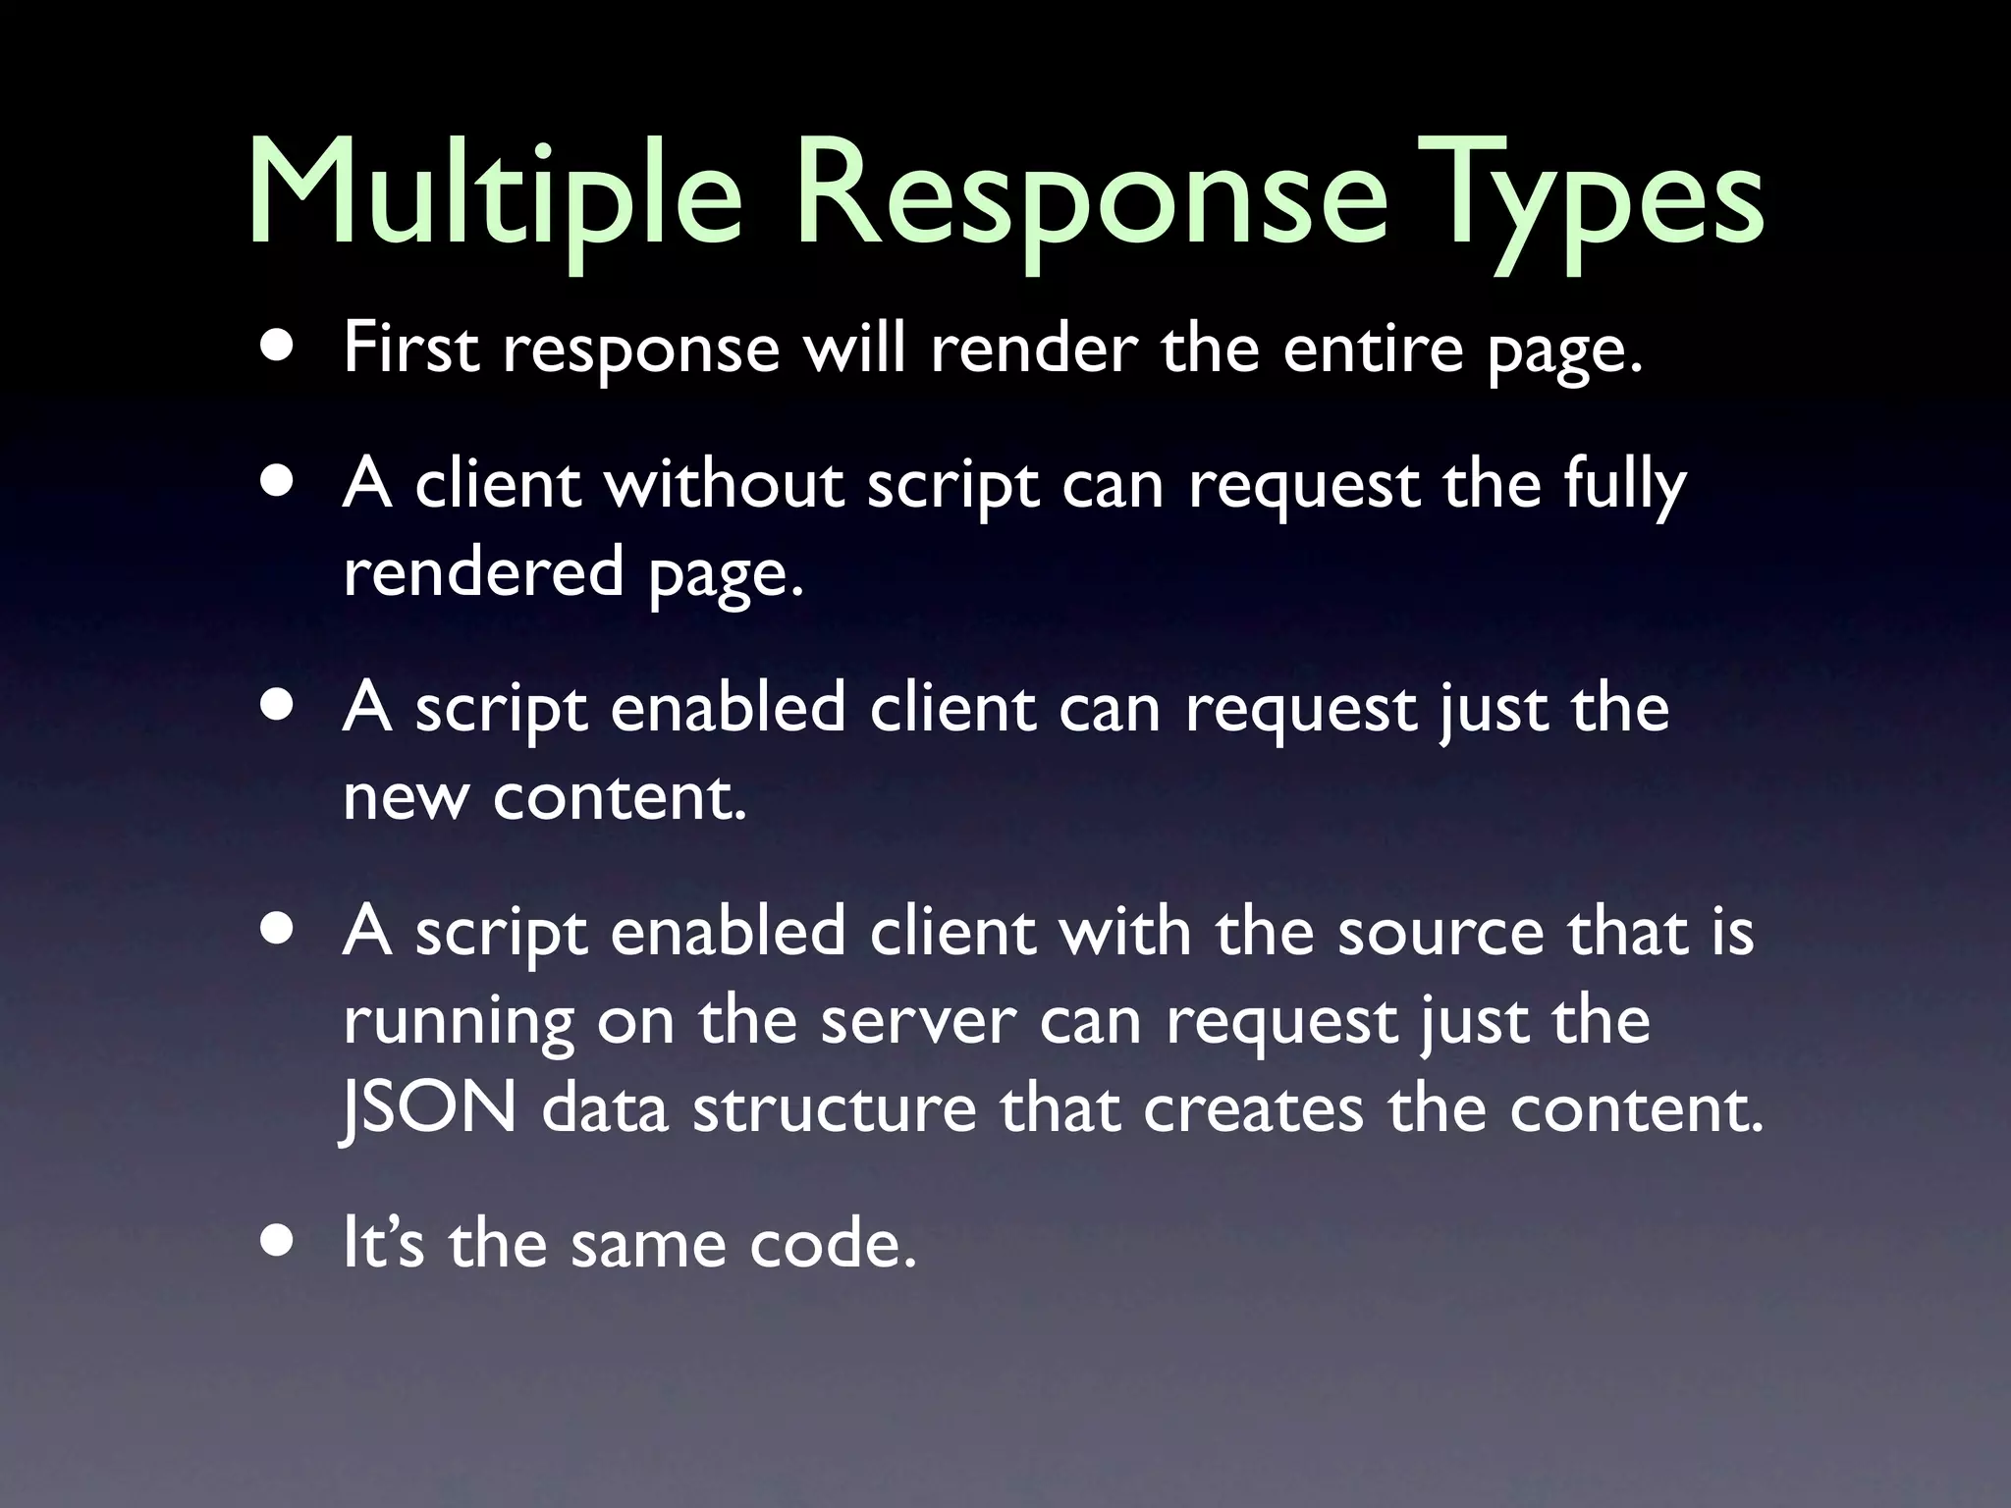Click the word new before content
click(x=405, y=796)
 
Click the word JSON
click(x=429, y=1108)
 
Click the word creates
click(x=1253, y=1108)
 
